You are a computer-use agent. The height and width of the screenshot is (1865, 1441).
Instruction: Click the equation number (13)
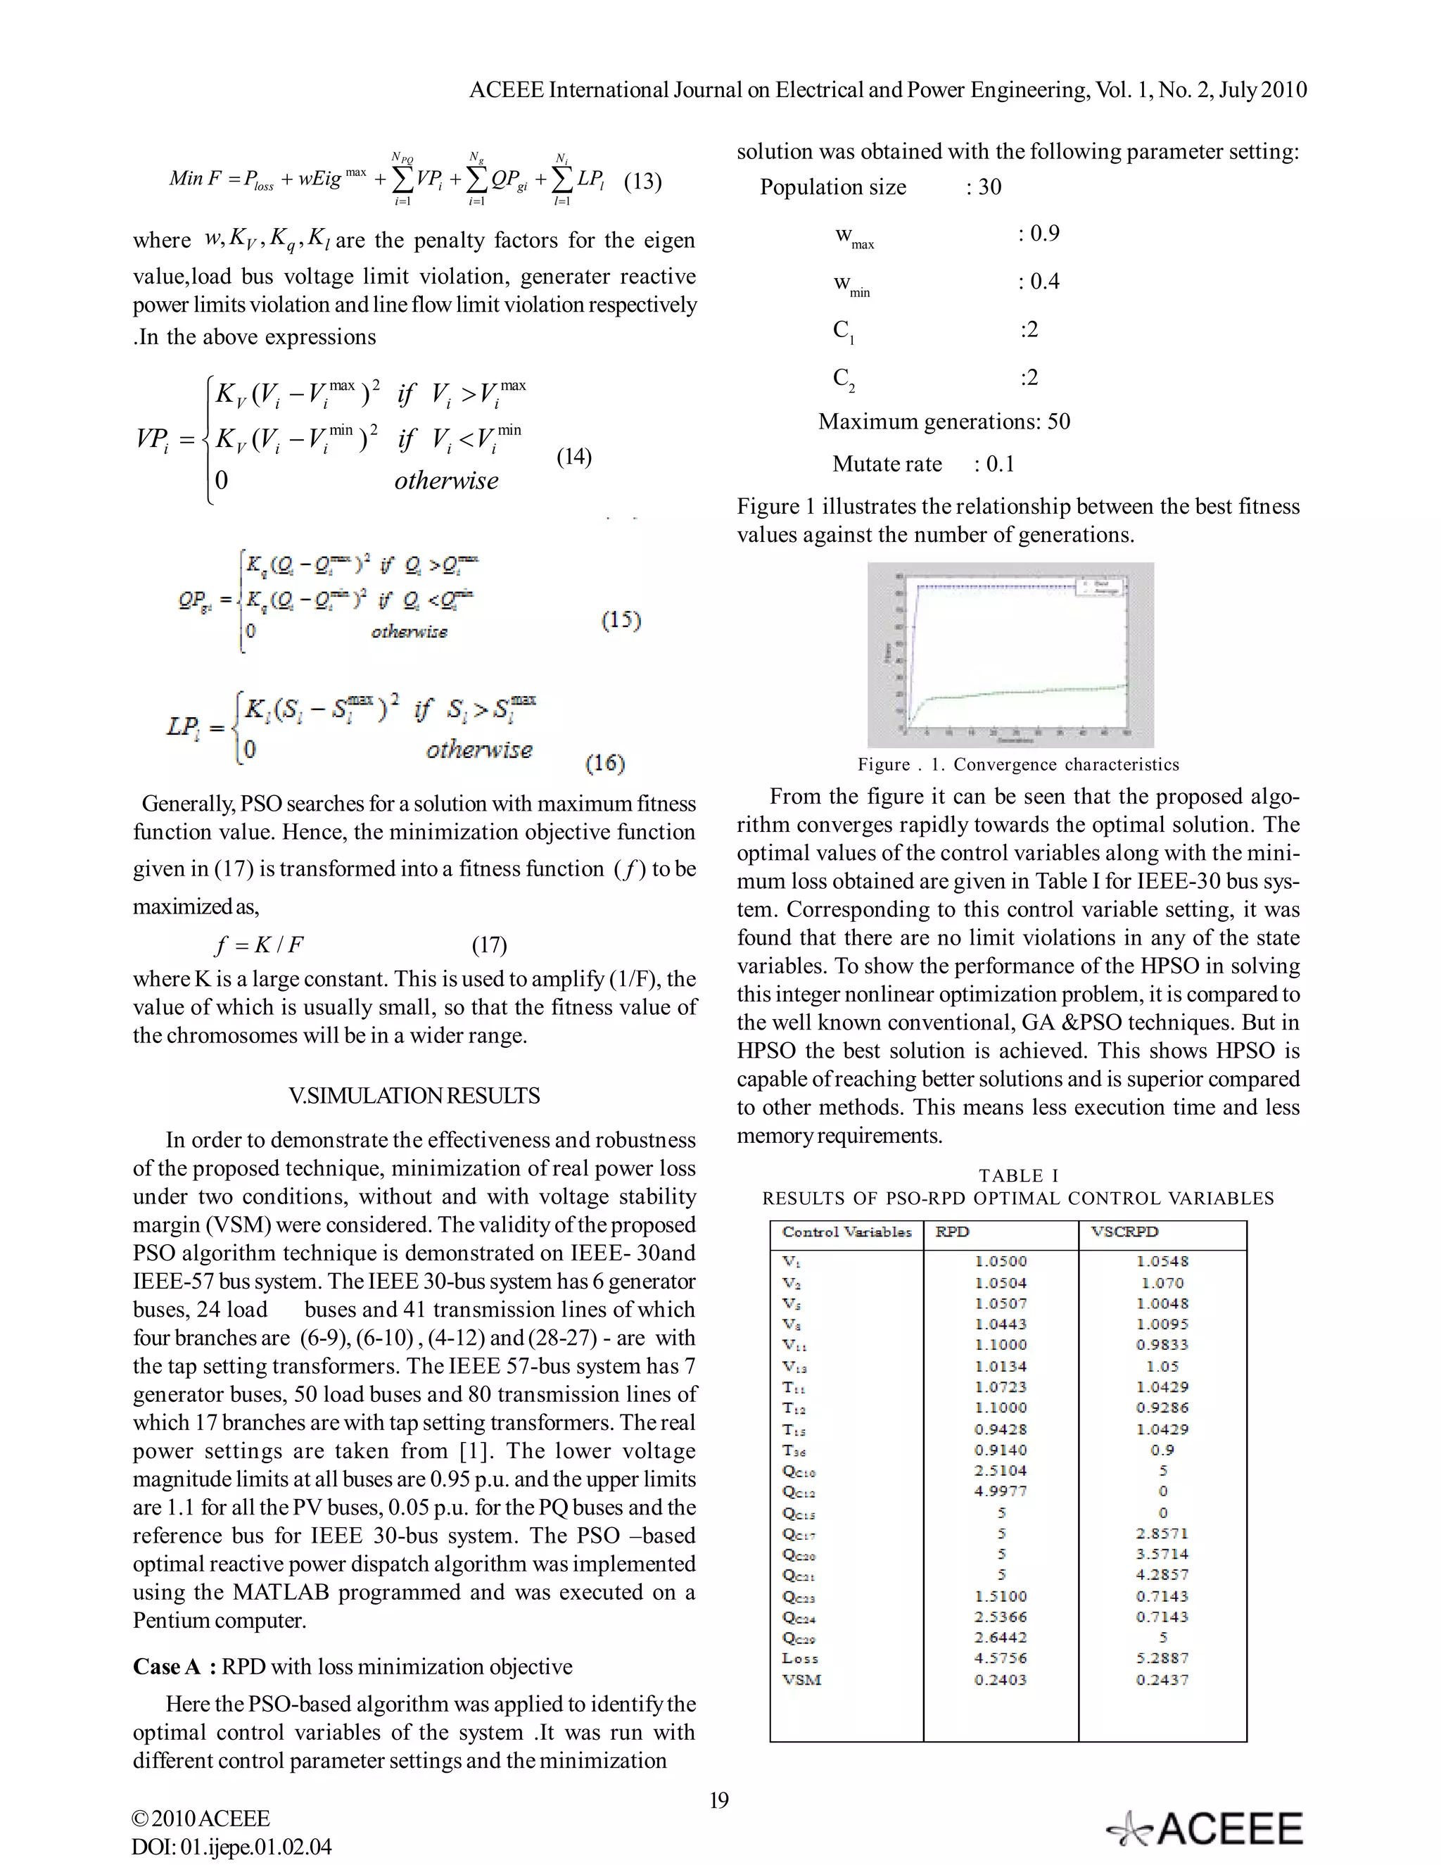pyautogui.click(x=643, y=181)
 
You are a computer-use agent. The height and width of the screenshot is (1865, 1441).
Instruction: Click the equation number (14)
pyautogui.click(x=573, y=457)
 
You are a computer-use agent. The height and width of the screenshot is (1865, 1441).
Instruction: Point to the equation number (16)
pyautogui.click(x=604, y=763)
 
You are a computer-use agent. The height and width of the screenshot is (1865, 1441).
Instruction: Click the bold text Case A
pyautogui.click(x=167, y=1666)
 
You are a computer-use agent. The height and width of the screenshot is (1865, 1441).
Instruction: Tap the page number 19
pyautogui.click(x=719, y=1800)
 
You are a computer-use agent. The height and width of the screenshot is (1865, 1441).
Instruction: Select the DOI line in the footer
pyautogui.click(x=231, y=1847)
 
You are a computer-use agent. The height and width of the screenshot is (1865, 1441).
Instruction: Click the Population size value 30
pyautogui.click(x=989, y=187)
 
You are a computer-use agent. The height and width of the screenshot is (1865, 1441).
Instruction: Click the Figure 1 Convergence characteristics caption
pyautogui.click(x=1017, y=764)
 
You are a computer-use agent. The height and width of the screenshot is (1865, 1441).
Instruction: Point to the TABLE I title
pyautogui.click(x=1017, y=1176)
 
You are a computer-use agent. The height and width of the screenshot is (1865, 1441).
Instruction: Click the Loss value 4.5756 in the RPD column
pyautogui.click(x=1001, y=1658)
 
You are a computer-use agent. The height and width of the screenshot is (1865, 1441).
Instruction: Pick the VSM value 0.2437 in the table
pyautogui.click(x=1162, y=1680)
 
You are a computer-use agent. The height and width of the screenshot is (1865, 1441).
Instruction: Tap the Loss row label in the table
pyautogui.click(x=800, y=1658)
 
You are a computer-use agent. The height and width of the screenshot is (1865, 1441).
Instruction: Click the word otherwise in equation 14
pyautogui.click(x=447, y=481)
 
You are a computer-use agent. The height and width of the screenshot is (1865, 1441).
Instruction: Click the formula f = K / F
pyautogui.click(x=260, y=944)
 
